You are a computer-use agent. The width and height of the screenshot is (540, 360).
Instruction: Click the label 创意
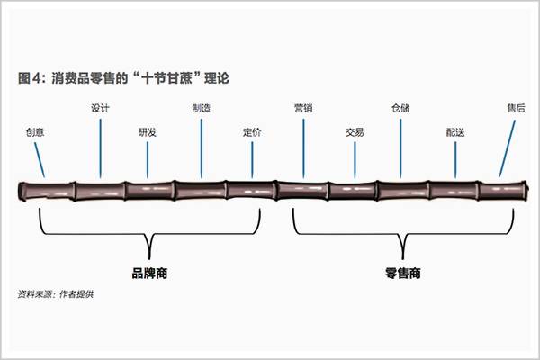pyautogui.click(x=35, y=132)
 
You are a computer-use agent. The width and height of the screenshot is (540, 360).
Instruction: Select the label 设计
pyautogui.click(x=100, y=109)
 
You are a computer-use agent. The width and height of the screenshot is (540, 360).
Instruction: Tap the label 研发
pyautogui.click(x=148, y=132)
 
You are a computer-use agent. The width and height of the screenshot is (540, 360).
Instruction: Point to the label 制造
pyautogui.click(x=202, y=109)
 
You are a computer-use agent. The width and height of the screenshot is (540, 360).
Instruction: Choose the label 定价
pyautogui.click(x=252, y=132)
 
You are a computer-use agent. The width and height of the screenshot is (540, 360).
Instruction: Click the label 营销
pyautogui.click(x=303, y=109)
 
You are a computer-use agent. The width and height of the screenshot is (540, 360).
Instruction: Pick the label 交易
pyautogui.click(x=355, y=132)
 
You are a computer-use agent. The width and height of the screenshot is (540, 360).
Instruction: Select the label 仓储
pyautogui.click(x=400, y=109)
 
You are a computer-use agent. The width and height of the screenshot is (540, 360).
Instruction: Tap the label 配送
pyautogui.click(x=455, y=132)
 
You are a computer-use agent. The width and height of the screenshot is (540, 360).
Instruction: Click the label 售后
pyautogui.click(x=516, y=109)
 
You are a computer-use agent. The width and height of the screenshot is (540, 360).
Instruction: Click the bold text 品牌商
pyautogui.click(x=149, y=274)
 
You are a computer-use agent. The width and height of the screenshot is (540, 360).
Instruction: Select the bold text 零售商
pyautogui.click(x=403, y=274)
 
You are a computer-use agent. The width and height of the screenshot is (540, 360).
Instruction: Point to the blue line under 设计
pyautogui.click(x=100, y=148)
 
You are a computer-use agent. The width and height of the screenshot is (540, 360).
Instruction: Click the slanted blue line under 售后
pyautogui.click(x=508, y=148)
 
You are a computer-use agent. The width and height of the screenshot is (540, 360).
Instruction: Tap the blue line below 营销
pyautogui.click(x=303, y=148)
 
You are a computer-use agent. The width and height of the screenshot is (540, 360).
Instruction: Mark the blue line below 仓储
pyautogui.click(x=400, y=148)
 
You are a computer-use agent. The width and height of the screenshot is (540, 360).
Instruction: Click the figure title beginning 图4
pyautogui.click(x=123, y=78)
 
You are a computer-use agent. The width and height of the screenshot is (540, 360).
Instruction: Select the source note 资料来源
pyautogui.click(x=56, y=294)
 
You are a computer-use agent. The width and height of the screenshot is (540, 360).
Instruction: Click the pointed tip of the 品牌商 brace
pyautogui.click(x=149, y=258)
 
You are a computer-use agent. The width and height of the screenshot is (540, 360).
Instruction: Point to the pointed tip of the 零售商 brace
pyautogui.click(x=403, y=258)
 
